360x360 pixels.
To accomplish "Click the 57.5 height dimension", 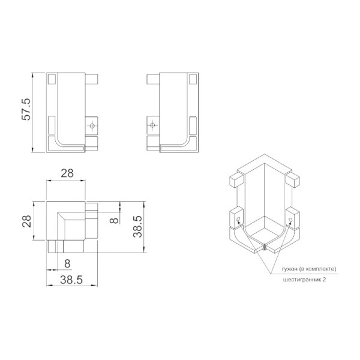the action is point(26,109).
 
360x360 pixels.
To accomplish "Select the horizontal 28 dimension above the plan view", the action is point(67,173).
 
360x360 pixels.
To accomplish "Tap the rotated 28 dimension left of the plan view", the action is point(26,221).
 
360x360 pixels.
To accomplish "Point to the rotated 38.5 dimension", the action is point(138,226).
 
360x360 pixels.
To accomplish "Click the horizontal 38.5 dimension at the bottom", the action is point(71,280).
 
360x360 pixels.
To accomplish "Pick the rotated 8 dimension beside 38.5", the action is point(114,220).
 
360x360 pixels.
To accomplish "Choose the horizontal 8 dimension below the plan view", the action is point(67,263).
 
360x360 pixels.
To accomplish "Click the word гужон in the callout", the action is point(290,269).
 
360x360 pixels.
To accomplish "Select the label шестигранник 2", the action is point(304,280).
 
